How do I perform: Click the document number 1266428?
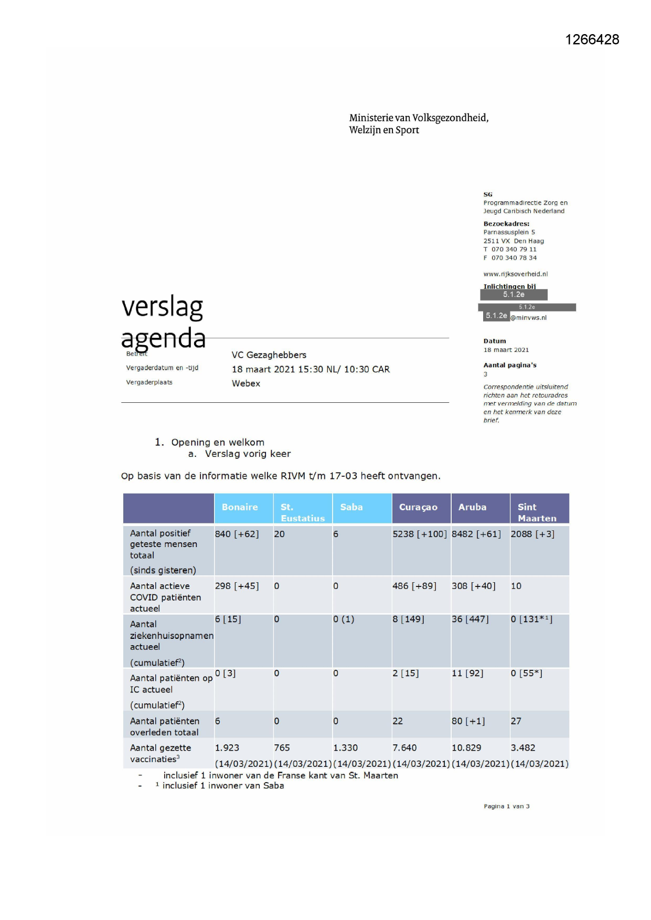pos(592,40)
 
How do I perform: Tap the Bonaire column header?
pos(240,507)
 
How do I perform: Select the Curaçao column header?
pos(418,507)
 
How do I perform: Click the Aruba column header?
pos(472,507)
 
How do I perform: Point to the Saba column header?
pos(351,507)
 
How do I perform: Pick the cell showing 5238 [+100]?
pos(420,534)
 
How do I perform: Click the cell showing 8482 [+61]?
pos(476,534)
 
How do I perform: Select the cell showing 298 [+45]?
pos(237,586)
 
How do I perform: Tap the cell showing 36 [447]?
pos(470,619)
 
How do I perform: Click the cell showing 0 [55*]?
pos(527,673)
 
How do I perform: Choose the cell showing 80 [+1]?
pos(468,721)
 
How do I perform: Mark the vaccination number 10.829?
pos(466,748)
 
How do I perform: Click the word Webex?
pos(246,383)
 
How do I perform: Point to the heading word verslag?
pos(162,307)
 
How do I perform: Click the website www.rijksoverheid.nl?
pos(516,274)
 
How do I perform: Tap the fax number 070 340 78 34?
pos(514,258)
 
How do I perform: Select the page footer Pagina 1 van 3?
pos(507,806)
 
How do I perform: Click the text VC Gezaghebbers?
pos(269,355)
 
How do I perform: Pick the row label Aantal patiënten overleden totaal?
pos(165,726)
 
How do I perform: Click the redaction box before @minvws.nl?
pos(496,316)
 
